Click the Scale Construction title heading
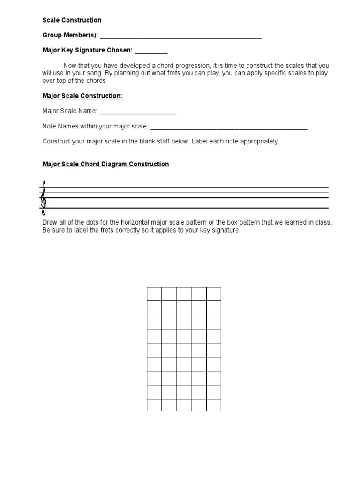tap(72, 20)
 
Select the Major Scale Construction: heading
tap(82, 96)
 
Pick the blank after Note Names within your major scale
tap(229, 127)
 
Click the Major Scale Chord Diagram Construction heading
tap(105, 164)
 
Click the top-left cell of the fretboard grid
tap(154, 294)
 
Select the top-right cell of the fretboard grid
tap(214, 294)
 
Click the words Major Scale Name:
tap(70, 111)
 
